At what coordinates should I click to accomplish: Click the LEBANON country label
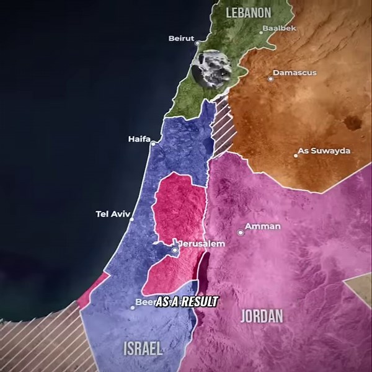pos(249,12)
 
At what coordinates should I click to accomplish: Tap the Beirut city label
pos(181,38)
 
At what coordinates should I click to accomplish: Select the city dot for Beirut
pos(198,43)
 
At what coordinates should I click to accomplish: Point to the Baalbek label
pos(279,29)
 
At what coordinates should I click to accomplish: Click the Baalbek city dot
pos(262,32)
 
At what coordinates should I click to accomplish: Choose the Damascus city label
pos(294,73)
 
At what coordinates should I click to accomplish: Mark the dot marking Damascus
pos(270,79)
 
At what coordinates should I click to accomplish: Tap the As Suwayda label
pos(324,151)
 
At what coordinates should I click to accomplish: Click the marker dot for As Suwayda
pos(296,156)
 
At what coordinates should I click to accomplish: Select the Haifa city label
pos(139,139)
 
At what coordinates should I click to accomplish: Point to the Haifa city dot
pos(153,144)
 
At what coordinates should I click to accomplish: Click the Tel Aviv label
pos(111,214)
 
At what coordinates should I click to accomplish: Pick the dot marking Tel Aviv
pos(131,219)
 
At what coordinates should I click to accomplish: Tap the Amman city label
pos(263,226)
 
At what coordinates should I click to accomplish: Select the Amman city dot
pos(241,232)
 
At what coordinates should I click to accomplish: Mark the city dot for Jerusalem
pos(175,250)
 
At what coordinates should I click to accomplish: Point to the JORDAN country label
pos(261,316)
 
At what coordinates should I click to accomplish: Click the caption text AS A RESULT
pos(186,302)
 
